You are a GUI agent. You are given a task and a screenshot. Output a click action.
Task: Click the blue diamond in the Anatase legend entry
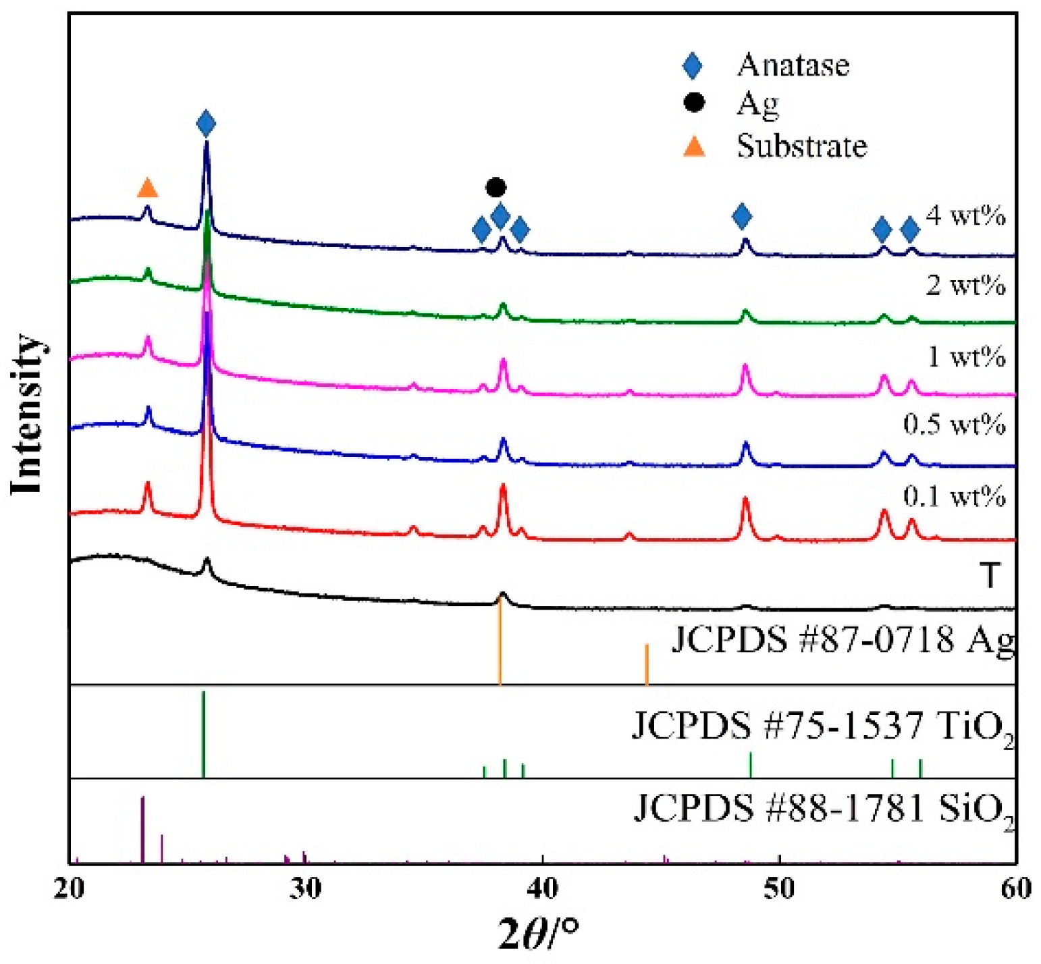click(692, 65)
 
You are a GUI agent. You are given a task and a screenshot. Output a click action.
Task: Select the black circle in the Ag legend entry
click(693, 103)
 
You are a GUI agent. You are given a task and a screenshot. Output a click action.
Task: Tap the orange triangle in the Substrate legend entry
click(694, 146)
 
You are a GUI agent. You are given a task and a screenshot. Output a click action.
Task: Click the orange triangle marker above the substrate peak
click(147, 188)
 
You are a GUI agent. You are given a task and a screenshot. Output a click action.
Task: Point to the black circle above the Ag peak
click(496, 187)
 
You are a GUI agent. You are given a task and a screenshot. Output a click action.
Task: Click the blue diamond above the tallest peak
click(206, 124)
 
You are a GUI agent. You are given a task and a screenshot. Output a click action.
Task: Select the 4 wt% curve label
click(965, 215)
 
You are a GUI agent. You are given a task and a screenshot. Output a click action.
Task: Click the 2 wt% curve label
click(965, 286)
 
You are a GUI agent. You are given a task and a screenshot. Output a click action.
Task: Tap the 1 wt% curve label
click(965, 356)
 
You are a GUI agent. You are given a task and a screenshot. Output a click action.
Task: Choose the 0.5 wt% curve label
click(954, 425)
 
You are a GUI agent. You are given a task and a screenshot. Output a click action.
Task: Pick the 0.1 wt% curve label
click(954, 497)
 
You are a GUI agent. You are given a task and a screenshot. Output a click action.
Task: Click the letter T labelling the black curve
click(990, 576)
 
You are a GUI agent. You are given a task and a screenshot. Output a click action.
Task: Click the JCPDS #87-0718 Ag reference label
click(843, 639)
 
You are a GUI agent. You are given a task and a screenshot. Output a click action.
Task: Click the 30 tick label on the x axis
click(306, 888)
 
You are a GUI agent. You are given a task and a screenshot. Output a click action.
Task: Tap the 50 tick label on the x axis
click(779, 888)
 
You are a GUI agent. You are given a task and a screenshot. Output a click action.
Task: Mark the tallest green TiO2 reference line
click(203, 734)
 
